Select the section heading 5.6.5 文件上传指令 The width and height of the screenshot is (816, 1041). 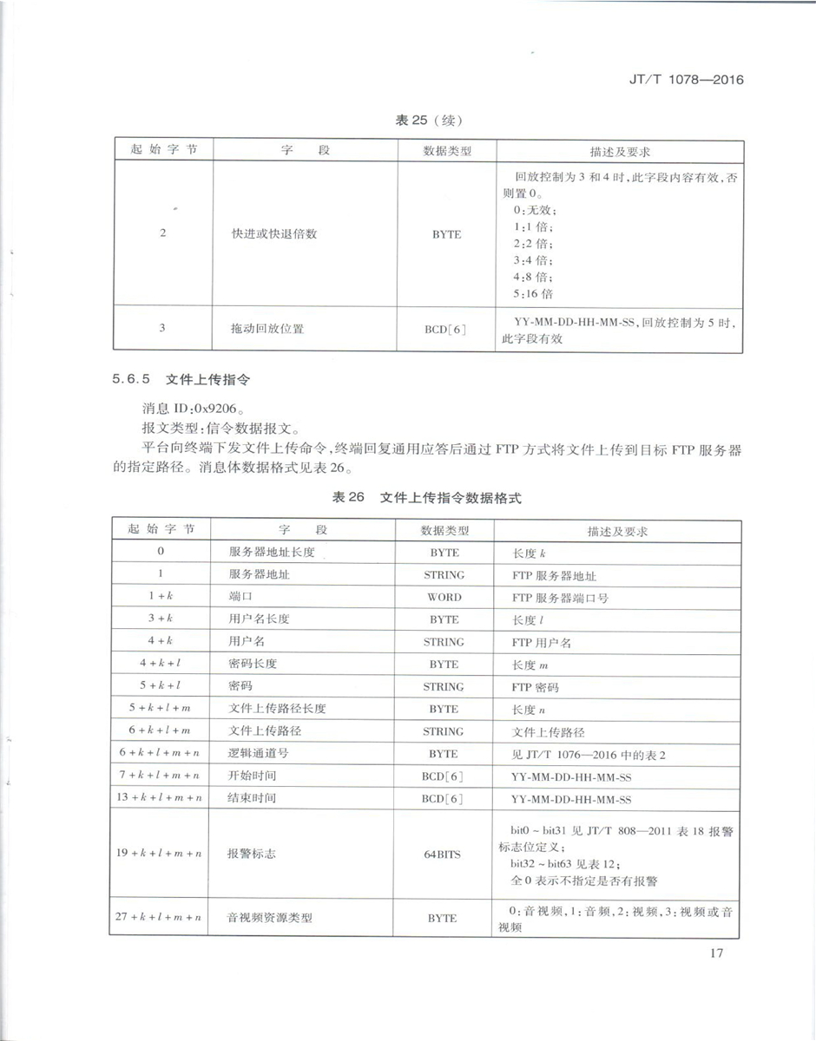coord(183,379)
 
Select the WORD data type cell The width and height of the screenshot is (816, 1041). coord(444,597)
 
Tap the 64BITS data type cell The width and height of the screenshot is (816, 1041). coord(443,854)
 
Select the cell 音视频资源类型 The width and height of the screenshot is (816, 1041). coord(269,916)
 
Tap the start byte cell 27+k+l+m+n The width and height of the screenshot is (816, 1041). coord(159,916)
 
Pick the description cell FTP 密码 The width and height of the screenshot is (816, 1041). coord(536,687)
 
